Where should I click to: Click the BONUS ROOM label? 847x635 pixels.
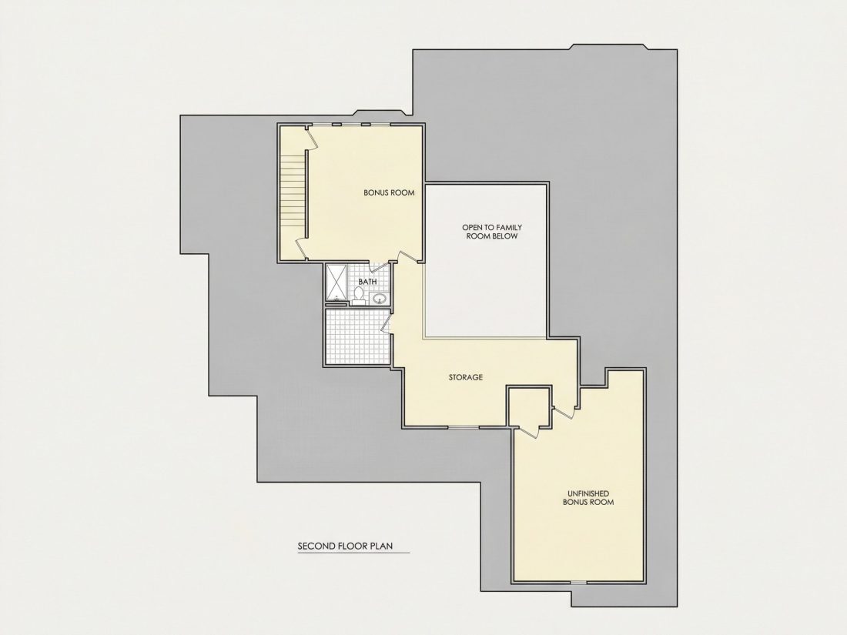[x=389, y=192]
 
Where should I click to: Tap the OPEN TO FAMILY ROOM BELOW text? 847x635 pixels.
[x=491, y=232]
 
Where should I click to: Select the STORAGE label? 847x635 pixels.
[x=466, y=377]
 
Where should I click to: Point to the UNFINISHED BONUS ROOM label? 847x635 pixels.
[x=588, y=498]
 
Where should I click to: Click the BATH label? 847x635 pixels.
[x=367, y=282]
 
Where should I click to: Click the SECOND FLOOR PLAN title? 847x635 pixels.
[x=345, y=546]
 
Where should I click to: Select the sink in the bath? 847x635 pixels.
[x=379, y=298]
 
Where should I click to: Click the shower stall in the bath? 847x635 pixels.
[x=336, y=284]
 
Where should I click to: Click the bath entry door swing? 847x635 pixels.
[x=380, y=268]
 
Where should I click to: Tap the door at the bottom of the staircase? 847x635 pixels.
[x=301, y=249]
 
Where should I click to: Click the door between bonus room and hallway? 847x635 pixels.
[x=409, y=256]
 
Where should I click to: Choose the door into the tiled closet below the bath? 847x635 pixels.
[x=386, y=323]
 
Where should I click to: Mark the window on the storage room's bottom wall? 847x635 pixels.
[x=464, y=428]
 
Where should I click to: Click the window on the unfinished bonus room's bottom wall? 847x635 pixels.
[x=578, y=583]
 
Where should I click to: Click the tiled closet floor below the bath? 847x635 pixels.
[x=357, y=337]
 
